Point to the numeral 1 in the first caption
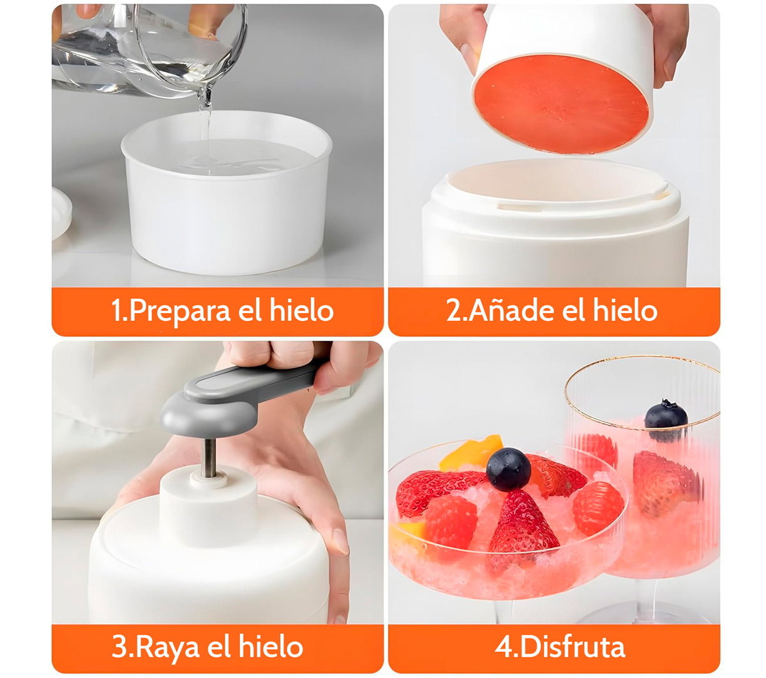(x=116, y=311)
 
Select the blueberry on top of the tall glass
(x=665, y=420)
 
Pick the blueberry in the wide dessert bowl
(x=508, y=470)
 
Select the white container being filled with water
(x=226, y=193)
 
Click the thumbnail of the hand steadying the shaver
(x=340, y=541)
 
